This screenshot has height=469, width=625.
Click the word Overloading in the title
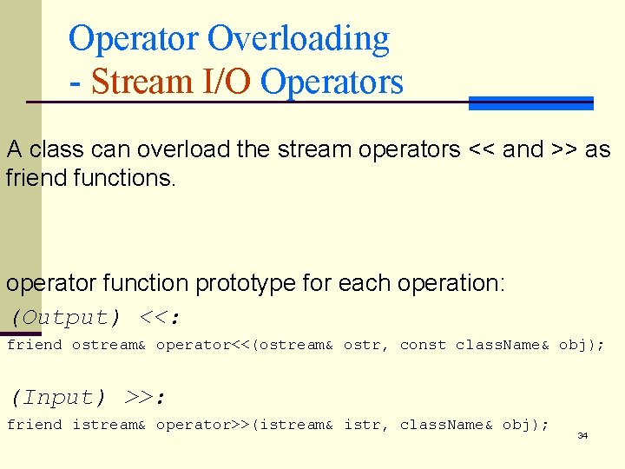point(299,39)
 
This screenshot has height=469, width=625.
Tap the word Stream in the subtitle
point(143,82)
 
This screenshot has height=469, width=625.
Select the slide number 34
point(582,435)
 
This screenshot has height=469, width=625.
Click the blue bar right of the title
point(530,102)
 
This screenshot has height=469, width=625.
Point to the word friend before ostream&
point(34,345)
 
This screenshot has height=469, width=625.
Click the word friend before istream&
point(34,425)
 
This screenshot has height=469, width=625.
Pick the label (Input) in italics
point(57,398)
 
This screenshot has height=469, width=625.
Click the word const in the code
point(423,345)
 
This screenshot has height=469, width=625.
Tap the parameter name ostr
point(362,345)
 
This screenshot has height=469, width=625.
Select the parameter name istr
point(362,425)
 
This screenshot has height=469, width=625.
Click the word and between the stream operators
point(523,149)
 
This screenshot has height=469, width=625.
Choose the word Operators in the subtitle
point(332,82)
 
